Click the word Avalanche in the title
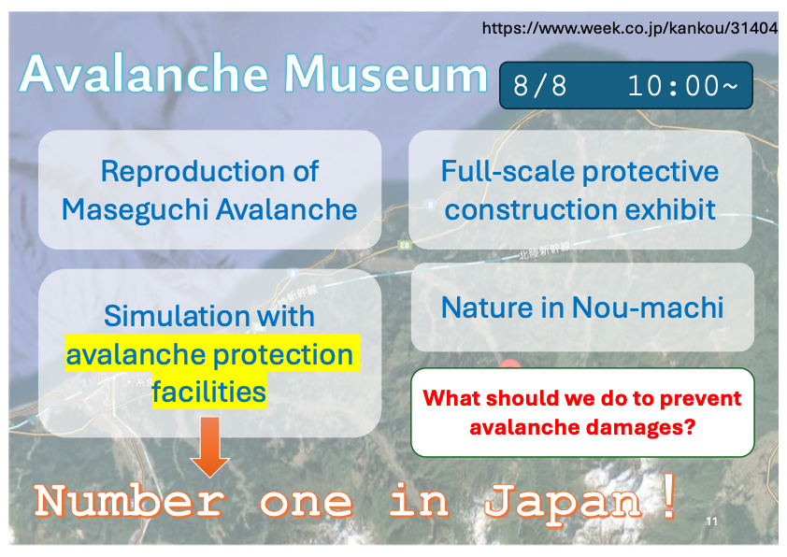(145, 74)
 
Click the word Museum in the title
(385, 74)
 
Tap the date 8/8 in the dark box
(539, 86)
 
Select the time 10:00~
(682, 86)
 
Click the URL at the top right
(630, 28)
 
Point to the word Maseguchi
(136, 209)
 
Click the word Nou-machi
(648, 307)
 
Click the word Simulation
(176, 316)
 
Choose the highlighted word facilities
(208, 392)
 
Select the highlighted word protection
(283, 355)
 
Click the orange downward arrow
(209, 447)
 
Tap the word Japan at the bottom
(563, 502)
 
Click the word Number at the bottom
(129, 501)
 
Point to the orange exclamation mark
(669, 499)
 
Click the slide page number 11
(711, 521)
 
